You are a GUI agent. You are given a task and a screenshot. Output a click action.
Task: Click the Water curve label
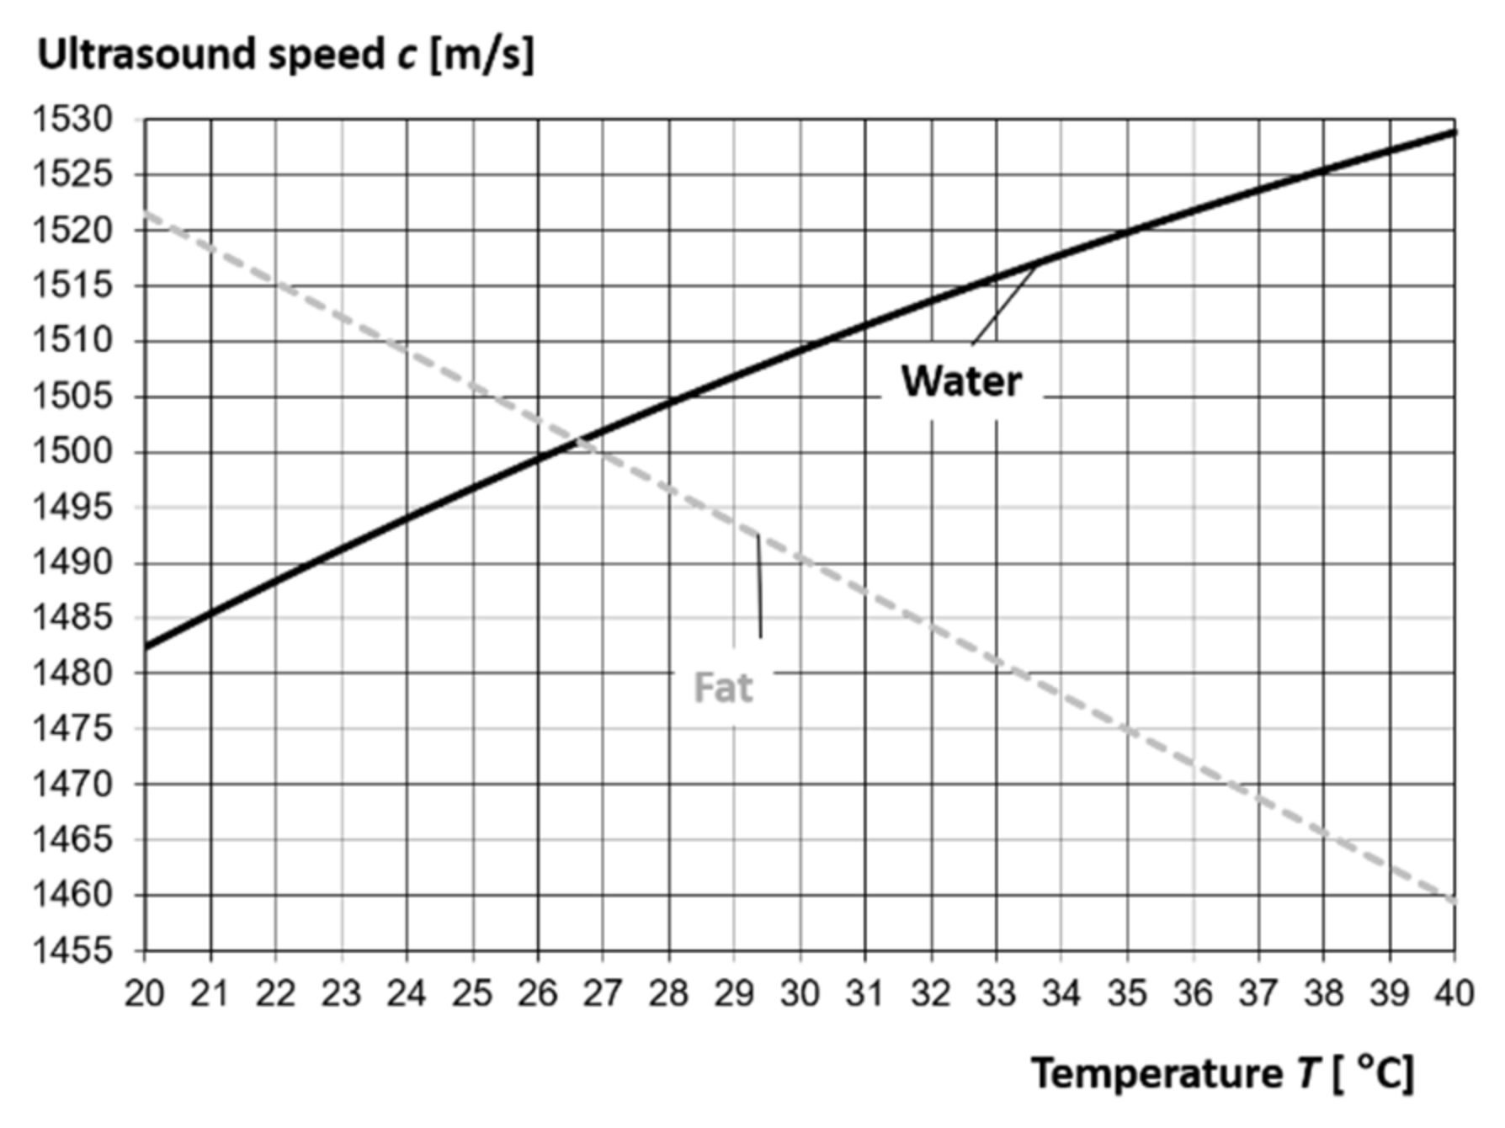961,381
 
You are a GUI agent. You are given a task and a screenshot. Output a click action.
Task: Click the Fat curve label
722,688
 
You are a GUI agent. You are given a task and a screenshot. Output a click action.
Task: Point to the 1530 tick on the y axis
72,120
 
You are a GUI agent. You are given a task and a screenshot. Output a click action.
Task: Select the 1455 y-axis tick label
72,950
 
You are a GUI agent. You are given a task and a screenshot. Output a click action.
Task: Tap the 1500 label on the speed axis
72,452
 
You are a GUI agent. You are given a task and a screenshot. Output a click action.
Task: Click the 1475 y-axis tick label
72,729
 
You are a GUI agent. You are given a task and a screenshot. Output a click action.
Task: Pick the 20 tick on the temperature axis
145,993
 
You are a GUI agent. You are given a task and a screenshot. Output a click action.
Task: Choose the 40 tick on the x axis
1453,993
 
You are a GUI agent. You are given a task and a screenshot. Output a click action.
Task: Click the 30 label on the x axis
800,993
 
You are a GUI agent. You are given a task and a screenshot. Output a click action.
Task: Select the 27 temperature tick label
603,993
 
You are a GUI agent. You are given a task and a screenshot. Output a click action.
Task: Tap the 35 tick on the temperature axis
1127,993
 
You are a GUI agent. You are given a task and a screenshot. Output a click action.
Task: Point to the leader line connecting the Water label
1003,304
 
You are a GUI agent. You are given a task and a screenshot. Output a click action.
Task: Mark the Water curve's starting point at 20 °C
146,646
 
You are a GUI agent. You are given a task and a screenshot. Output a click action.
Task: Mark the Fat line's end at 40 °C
1453,902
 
